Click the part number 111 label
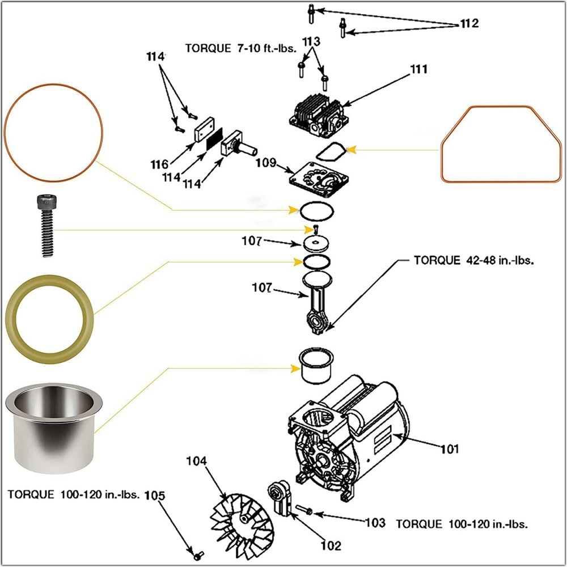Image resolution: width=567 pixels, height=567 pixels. (x=420, y=69)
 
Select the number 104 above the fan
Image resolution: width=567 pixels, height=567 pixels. (x=197, y=461)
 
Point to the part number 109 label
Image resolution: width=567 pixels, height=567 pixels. (x=265, y=164)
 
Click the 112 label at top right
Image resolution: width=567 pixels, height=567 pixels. (x=469, y=24)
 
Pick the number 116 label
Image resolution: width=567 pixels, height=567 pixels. (x=159, y=165)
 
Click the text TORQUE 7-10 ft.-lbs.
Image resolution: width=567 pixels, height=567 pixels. (x=241, y=48)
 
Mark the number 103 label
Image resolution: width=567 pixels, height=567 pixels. (x=375, y=523)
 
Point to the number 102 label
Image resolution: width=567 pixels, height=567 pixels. (x=331, y=545)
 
